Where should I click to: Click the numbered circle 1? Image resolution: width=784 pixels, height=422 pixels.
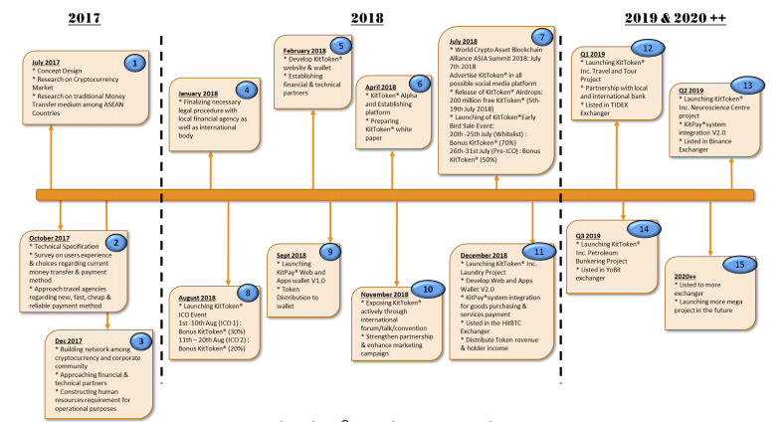click(x=132, y=62)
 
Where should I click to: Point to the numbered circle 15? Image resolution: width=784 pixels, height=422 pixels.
click(x=737, y=265)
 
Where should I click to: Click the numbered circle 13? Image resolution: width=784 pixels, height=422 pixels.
click(x=751, y=86)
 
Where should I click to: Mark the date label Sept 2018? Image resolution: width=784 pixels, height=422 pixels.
click(x=283, y=254)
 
